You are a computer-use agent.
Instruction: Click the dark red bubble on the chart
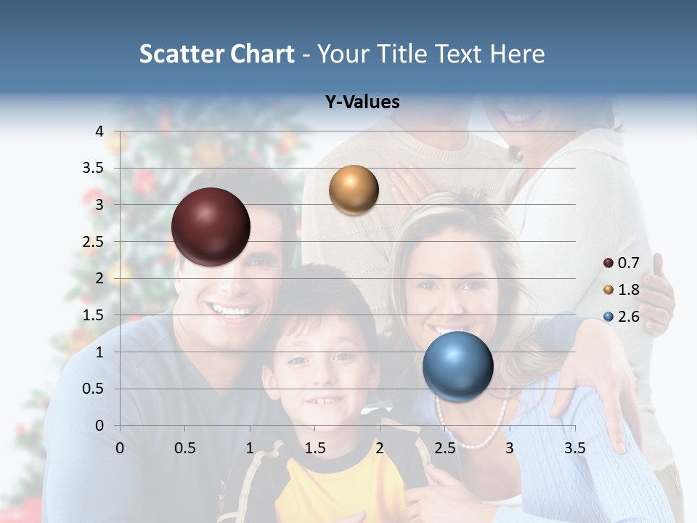tap(211, 227)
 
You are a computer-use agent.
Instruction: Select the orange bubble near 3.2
tap(354, 190)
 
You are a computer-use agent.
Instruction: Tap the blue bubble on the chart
tap(457, 366)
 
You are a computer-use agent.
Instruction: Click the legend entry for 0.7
tap(621, 263)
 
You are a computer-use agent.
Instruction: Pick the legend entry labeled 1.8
tap(621, 290)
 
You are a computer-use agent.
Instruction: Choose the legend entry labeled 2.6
tap(621, 317)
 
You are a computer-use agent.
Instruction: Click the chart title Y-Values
tap(362, 102)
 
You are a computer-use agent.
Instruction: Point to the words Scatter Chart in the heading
tap(216, 54)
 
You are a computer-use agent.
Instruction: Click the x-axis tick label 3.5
tap(574, 448)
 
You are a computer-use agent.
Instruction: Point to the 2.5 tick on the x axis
tap(444, 448)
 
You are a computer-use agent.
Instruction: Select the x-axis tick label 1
tap(250, 448)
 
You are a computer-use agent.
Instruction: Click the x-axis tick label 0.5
tap(184, 448)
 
